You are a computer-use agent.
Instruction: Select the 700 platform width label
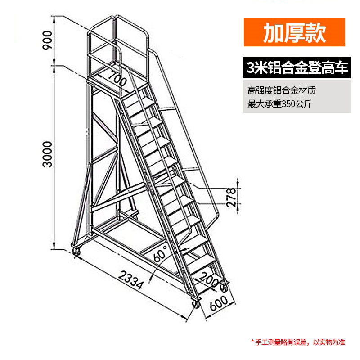click(x=117, y=80)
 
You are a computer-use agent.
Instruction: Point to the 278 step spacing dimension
click(x=231, y=197)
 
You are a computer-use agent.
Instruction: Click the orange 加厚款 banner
click(x=294, y=32)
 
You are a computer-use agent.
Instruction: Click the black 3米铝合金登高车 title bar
click(x=297, y=68)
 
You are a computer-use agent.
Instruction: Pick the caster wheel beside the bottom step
click(x=224, y=285)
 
